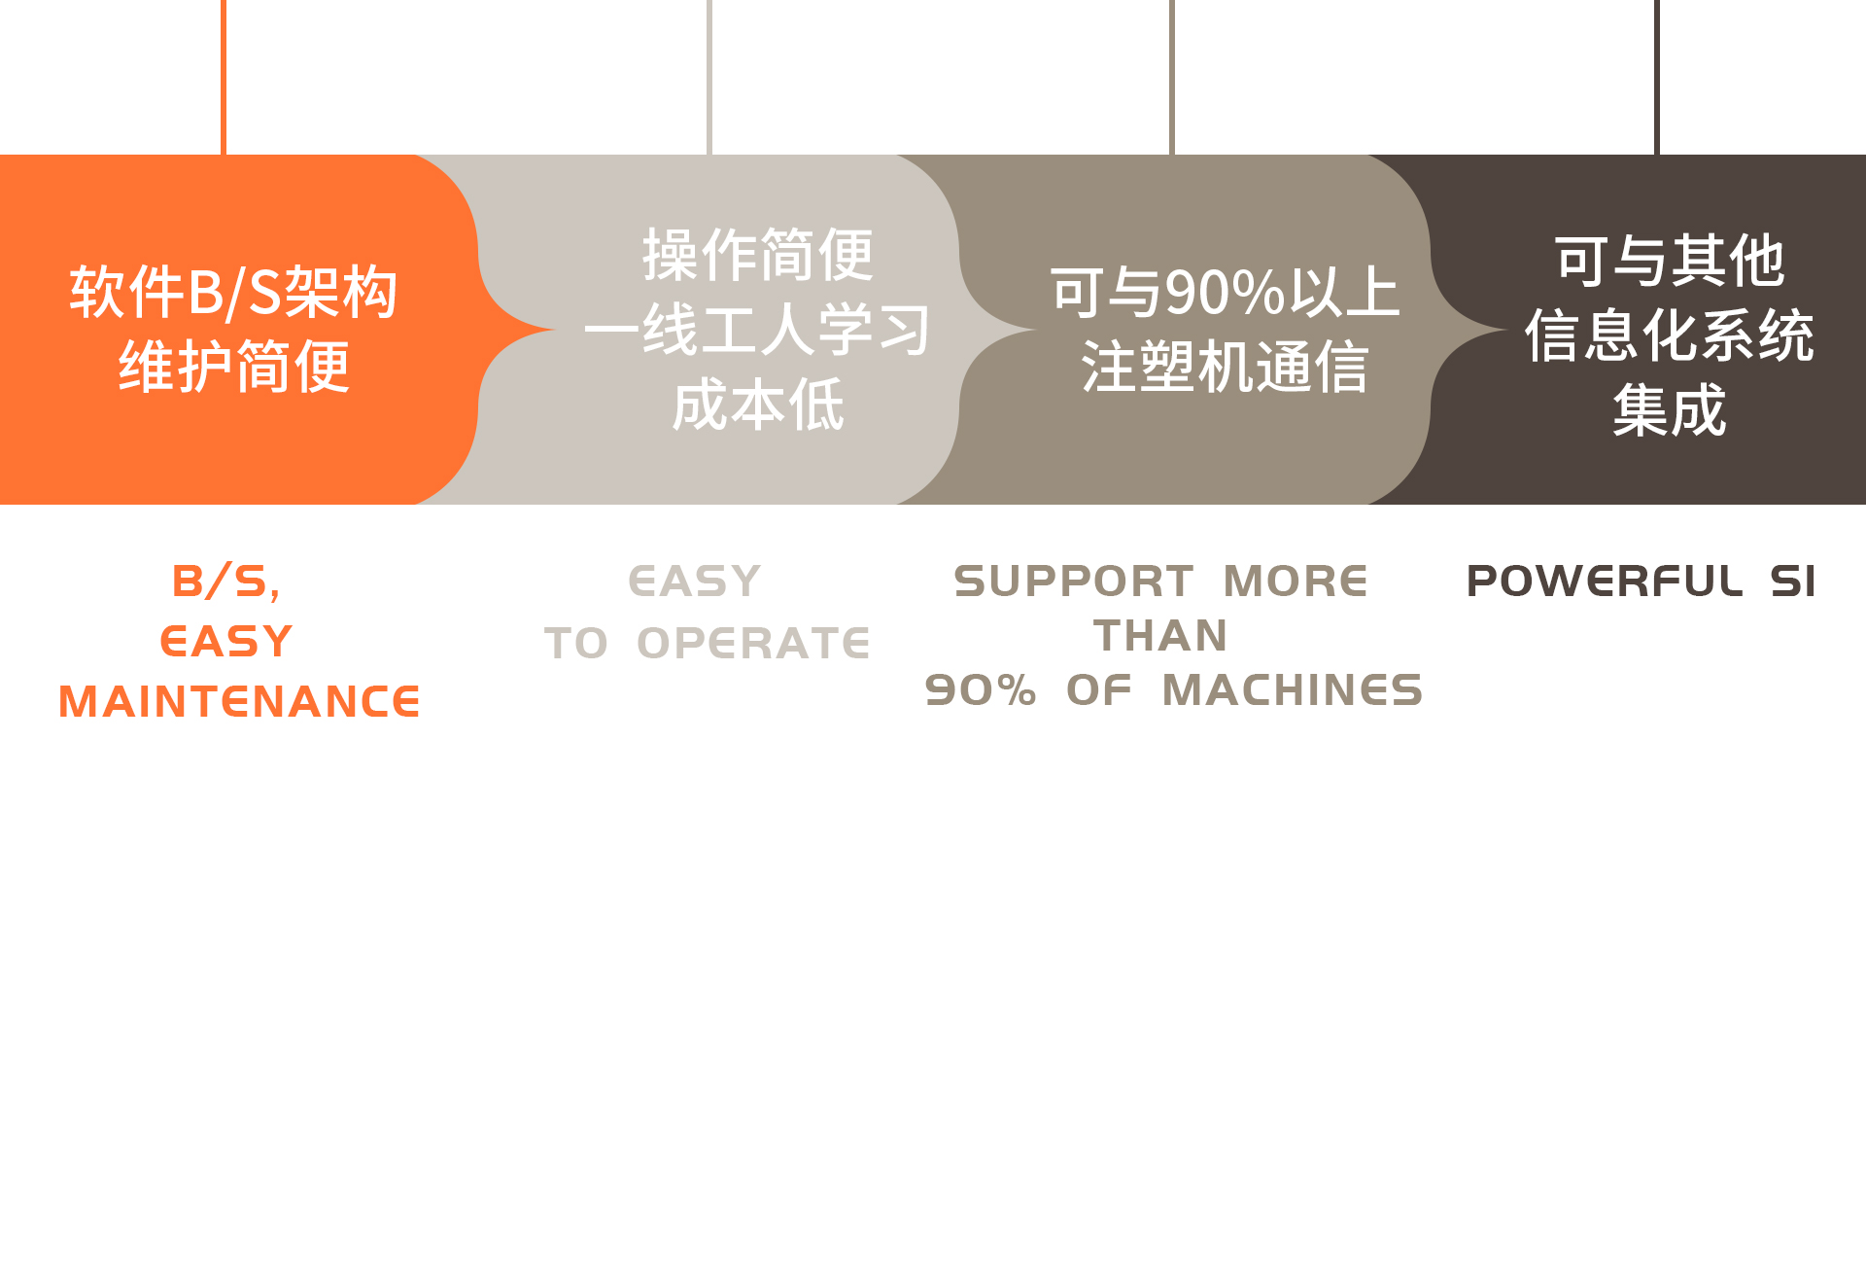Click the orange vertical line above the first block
coord(224,77)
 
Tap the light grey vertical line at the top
coord(709,77)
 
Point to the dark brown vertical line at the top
coord(1657,77)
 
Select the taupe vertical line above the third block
coord(1172,77)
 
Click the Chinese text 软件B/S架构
coord(233,292)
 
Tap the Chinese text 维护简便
coord(233,367)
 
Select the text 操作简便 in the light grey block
coord(757,255)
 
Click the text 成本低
coord(757,405)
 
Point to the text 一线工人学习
coord(757,330)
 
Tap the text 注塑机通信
coord(1225,367)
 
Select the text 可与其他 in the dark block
coord(1670,261)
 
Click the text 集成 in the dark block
coord(1670,410)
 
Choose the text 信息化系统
coord(1670,335)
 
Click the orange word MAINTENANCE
coord(239,702)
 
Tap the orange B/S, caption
coord(226,582)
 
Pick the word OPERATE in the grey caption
coord(753,643)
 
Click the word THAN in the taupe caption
coord(1160,636)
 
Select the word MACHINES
coord(1293,690)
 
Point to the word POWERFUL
coord(1605,582)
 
